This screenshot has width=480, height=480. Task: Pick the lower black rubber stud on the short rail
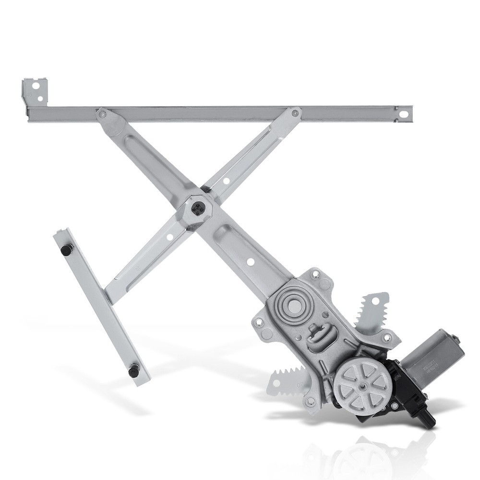(x=134, y=370)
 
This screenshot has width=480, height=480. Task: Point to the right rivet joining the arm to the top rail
(x=295, y=114)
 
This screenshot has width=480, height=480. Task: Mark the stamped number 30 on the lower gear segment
(x=300, y=384)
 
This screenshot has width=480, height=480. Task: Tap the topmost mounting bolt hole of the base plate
(x=315, y=275)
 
